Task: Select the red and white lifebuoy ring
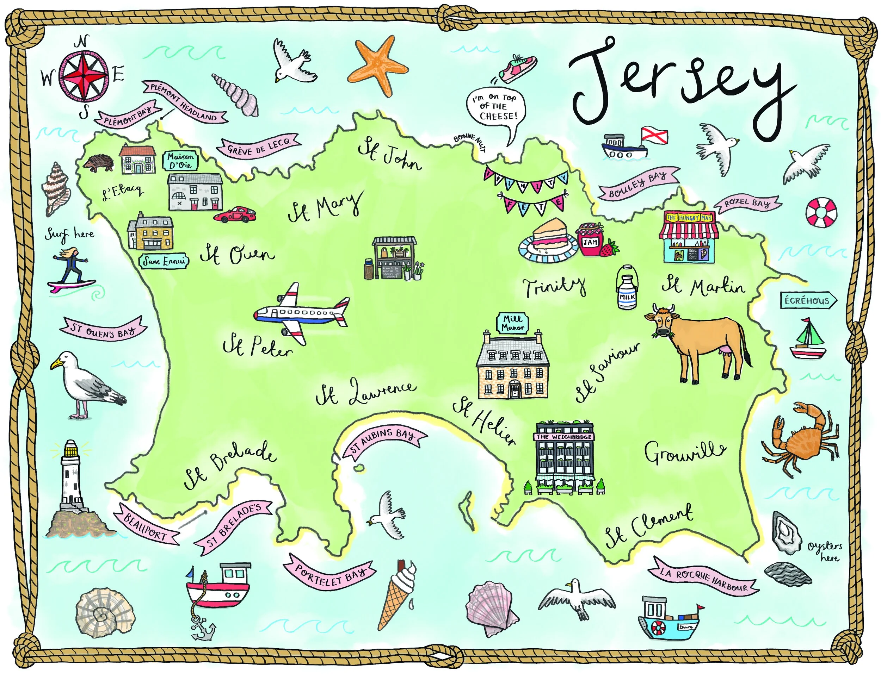[x=821, y=212]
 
